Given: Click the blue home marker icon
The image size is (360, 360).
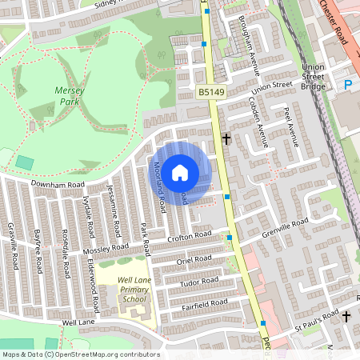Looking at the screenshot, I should point(180,172).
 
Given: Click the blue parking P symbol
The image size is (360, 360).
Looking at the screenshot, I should point(347,84).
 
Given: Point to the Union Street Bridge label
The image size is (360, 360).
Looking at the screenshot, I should point(314,77).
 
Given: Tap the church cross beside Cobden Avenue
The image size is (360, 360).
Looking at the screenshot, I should point(226,138).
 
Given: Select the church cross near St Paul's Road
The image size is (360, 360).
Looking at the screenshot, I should point(346,317).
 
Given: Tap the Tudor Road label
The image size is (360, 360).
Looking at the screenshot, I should point(199,282).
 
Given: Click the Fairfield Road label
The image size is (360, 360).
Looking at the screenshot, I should point(203,303).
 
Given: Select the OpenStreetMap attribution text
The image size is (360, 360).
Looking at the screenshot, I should point(81,354).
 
